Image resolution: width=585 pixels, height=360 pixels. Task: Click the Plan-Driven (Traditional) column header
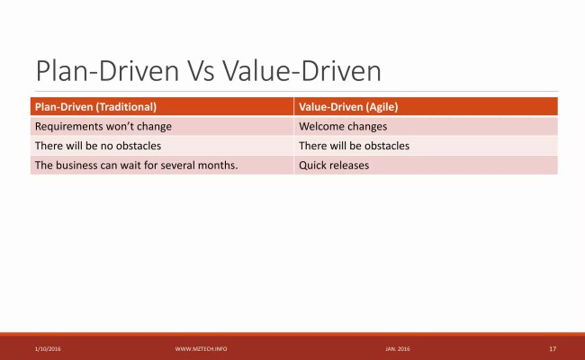point(102,106)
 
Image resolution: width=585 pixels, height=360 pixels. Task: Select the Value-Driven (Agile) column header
point(348,106)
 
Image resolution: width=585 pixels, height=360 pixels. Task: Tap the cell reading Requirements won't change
point(103,126)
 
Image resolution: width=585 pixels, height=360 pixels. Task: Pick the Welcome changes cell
point(343,126)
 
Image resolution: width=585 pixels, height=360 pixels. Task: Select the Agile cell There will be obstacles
point(354,146)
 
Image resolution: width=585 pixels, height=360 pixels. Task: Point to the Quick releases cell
point(334,166)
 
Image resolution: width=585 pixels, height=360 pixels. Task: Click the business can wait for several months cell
point(136,166)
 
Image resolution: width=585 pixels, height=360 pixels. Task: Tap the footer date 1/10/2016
point(48,348)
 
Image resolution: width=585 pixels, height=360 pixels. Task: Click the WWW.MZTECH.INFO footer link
point(201,348)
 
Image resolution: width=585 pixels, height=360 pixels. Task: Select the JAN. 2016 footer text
point(397,348)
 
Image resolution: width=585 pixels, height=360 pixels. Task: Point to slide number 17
point(552,348)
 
